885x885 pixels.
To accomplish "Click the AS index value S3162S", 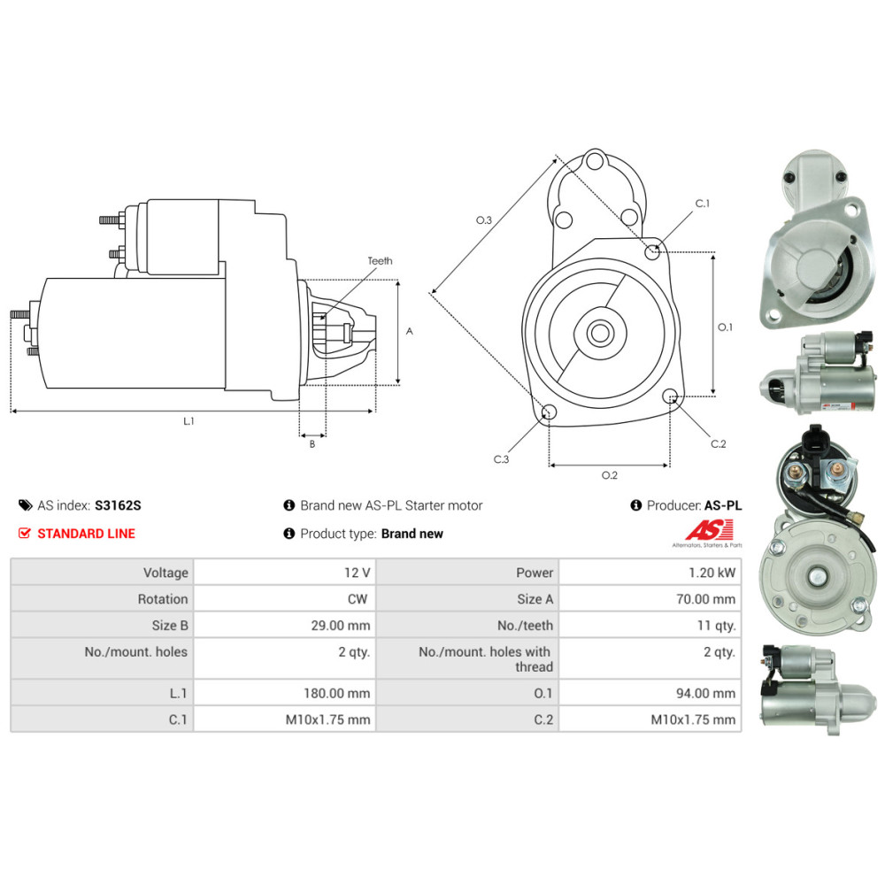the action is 118,505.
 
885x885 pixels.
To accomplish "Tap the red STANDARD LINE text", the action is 87,534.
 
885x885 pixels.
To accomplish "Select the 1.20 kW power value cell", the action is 650,573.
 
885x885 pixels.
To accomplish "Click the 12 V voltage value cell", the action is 284,573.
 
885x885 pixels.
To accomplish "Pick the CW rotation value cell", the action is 284,599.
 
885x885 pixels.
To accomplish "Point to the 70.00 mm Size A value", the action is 705,599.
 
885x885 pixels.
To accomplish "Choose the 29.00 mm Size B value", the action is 341,626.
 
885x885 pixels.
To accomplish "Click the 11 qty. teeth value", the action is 716,626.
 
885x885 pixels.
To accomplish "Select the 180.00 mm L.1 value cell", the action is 284,693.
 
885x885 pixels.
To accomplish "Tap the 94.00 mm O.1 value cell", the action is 650,693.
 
